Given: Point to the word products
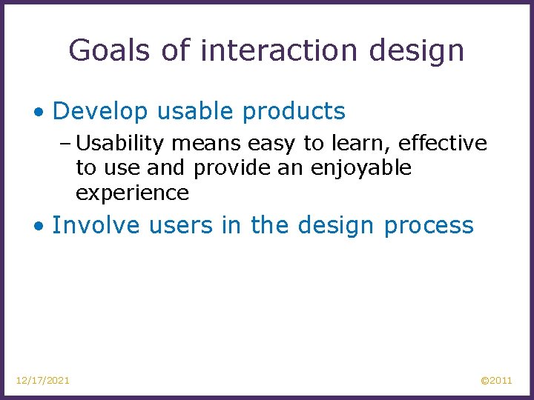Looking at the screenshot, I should pyautogui.click(x=294, y=111).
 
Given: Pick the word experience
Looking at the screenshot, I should pyautogui.click(x=132, y=193).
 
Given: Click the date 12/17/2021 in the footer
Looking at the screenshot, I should pyautogui.click(x=43, y=380).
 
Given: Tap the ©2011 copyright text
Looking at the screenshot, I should pyautogui.click(x=496, y=380).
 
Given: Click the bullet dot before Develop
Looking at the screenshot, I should pyautogui.click(x=38, y=112).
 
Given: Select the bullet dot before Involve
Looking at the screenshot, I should pyautogui.click(x=38, y=225).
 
